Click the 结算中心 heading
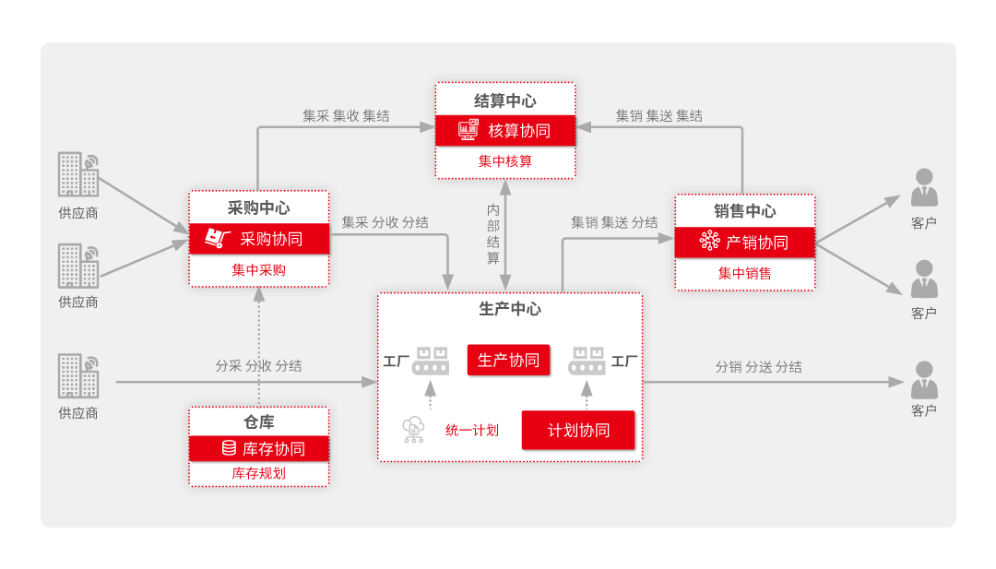pos(504,101)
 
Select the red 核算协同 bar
pos(505,131)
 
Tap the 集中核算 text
pos(505,161)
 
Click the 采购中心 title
pos(259,208)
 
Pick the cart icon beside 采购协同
pos(217,239)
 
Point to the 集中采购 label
pos(259,270)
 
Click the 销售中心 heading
pos(745,211)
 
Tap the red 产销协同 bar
pos(745,243)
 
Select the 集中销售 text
pos(745,273)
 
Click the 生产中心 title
pos(510,309)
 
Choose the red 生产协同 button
pos(508,360)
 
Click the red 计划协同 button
pos(578,430)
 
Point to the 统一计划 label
pos(472,430)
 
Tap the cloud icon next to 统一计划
pos(413,430)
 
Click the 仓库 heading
pos(259,421)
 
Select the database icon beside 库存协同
pos(229,448)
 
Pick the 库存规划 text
pos(259,473)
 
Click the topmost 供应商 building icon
pos(77,174)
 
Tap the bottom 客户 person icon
pos(924,380)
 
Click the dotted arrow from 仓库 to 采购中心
pos(259,346)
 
